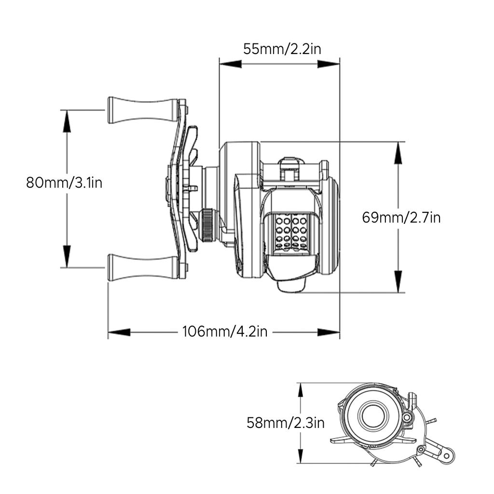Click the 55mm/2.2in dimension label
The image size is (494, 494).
[282, 49]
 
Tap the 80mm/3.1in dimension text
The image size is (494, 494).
[64, 183]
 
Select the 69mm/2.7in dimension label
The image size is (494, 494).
[401, 218]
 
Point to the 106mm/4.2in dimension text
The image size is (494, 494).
[225, 332]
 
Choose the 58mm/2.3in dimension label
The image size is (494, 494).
[286, 423]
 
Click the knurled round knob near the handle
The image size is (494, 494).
[207, 225]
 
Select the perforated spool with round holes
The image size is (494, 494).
[291, 232]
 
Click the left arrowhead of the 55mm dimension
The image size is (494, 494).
[230, 64]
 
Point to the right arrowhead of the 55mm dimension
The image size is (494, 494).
[329, 64]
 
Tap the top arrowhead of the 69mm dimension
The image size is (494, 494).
[398, 153]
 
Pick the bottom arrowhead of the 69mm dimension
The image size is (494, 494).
[398, 282]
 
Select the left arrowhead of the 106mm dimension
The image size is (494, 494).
[119, 332]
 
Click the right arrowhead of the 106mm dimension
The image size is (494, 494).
[329, 332]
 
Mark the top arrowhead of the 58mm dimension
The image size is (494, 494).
[301, 392]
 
